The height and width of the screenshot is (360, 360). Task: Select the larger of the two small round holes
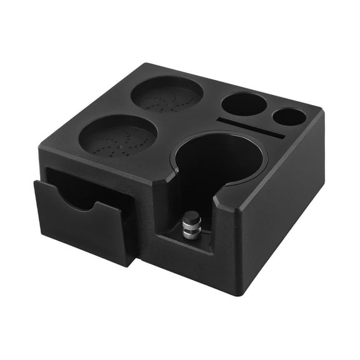[x=245, y=104]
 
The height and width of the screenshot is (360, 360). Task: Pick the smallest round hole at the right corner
[x=289, y=117]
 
